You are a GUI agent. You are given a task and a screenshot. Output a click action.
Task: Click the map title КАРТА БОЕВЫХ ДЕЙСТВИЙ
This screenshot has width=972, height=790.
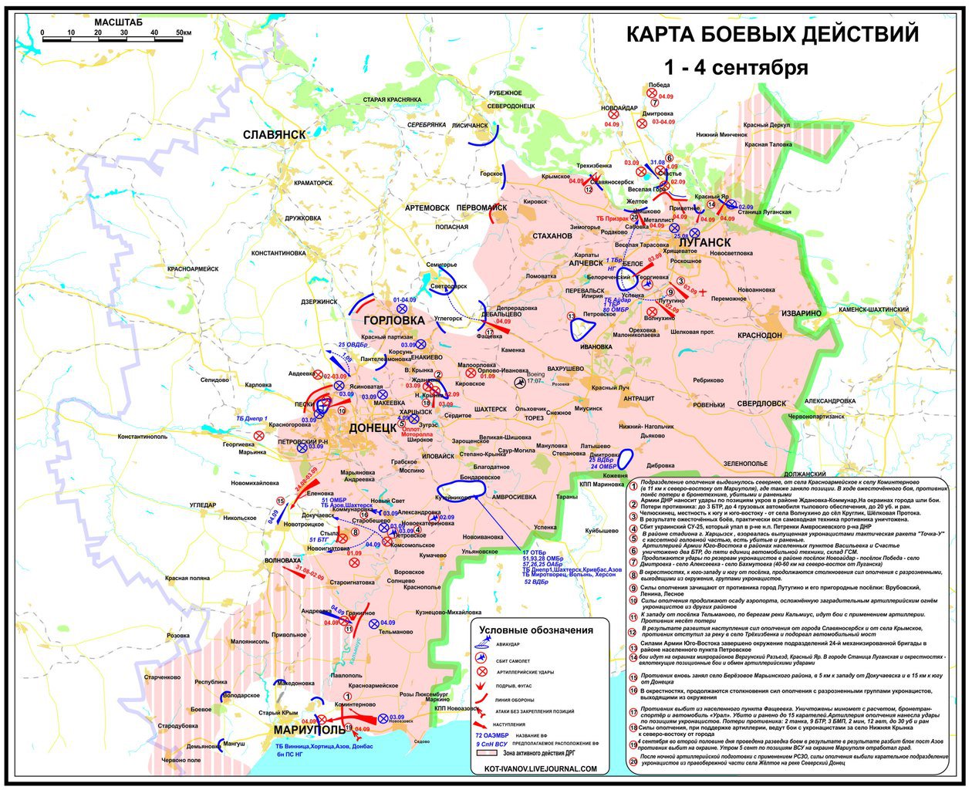pos(771,35)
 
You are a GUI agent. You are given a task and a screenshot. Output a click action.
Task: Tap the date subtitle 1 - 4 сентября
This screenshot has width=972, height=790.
pos(737,67)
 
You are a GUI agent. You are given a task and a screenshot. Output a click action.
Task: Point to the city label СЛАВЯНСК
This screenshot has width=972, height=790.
pos(274,134)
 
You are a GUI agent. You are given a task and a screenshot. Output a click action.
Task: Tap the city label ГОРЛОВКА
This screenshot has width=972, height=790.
pos(393,319)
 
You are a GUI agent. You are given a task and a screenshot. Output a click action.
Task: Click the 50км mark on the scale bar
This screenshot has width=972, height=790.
pos(182,33)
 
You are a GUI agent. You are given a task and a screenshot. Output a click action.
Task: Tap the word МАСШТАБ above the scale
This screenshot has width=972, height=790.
pos(118,23)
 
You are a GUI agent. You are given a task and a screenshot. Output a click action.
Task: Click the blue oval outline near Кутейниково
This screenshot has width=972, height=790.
pos(461,489)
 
